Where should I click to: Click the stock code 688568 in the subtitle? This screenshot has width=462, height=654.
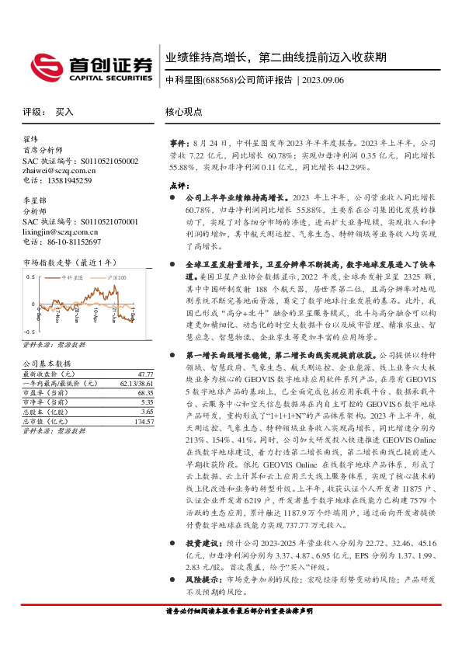tap(217, 80)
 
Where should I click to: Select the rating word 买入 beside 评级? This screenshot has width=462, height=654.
tap(64, 112)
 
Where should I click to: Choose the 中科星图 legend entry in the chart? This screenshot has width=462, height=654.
tap(74, 277)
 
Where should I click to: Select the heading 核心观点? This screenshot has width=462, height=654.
tap(184, 112)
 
